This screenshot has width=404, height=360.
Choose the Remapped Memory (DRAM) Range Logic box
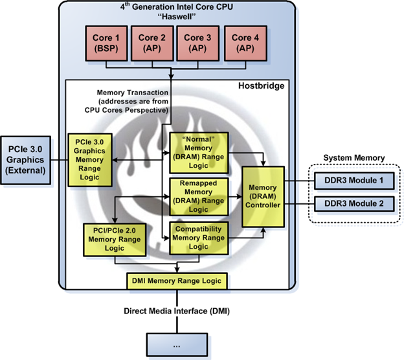198,196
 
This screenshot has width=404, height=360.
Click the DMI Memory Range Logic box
177,280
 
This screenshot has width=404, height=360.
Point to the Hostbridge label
262,86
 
